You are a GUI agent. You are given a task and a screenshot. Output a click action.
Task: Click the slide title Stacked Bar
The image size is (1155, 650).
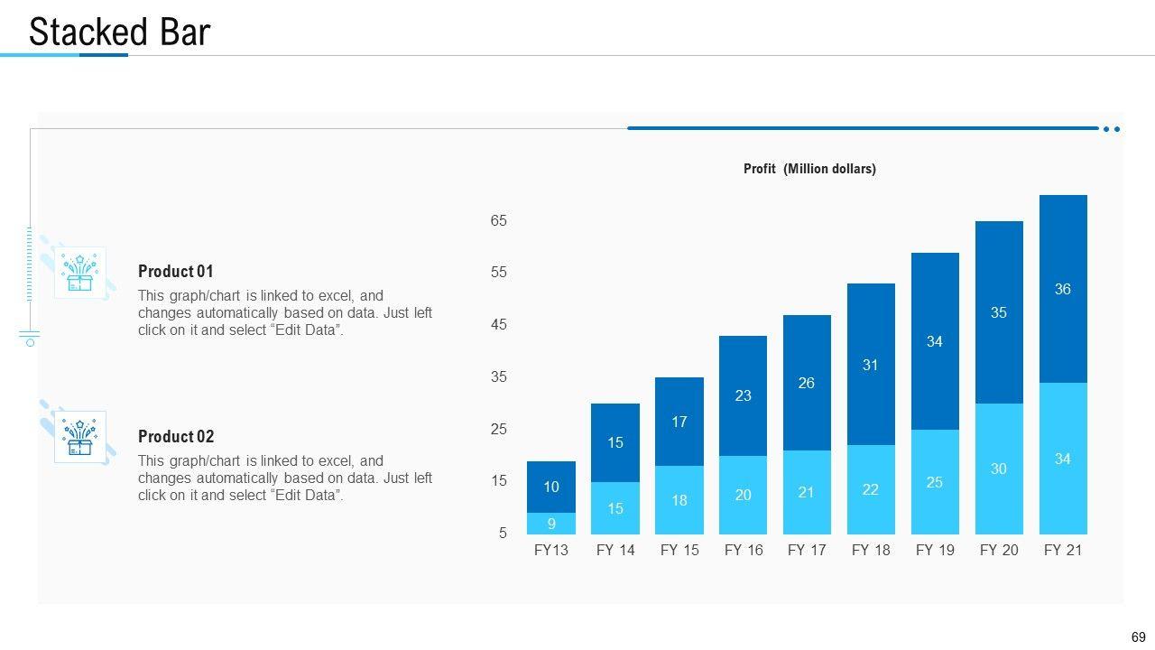click(119, 32)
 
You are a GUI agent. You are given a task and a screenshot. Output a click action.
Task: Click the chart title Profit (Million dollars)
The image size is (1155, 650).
click(809, 169)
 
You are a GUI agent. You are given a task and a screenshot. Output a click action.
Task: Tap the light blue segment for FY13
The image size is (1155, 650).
click(551, 524)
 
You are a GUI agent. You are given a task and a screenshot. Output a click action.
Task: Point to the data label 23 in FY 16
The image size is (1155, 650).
click(743, 395)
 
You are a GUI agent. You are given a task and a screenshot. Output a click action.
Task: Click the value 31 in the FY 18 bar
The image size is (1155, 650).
click(871, 366)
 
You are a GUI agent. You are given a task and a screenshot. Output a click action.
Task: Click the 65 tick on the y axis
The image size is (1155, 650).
click(499, 221)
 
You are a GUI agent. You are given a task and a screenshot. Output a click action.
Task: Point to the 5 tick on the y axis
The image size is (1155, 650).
click(503, 534)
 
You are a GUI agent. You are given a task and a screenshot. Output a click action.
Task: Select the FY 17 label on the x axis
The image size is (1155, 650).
click(807, 551)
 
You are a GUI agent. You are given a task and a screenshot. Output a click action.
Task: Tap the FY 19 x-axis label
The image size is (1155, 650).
click(935, 551)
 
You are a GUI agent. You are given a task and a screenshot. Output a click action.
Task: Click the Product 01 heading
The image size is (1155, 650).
click(176, 272)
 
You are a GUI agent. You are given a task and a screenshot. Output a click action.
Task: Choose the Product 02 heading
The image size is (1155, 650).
click(176, 437)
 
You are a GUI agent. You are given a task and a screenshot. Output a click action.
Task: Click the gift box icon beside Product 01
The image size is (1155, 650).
click(79, 273)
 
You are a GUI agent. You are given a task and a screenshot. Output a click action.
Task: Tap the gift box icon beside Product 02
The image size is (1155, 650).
click(79, 438)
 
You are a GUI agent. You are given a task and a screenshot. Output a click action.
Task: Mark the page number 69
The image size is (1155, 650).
click(1138, 637)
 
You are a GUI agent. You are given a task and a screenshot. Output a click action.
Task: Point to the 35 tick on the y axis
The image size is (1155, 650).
click(499, 377)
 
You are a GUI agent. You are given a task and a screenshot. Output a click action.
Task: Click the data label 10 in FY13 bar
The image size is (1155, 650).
click(551, 487)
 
